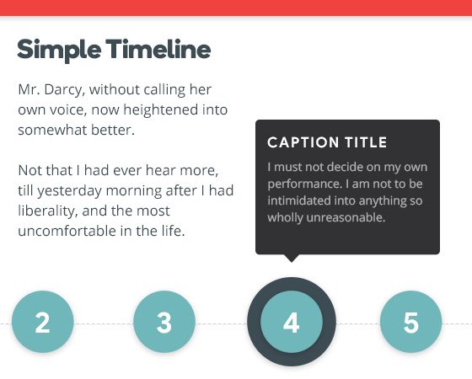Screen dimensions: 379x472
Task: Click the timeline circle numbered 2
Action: tap(42, 323)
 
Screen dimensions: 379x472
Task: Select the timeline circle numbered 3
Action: tap(164, 323)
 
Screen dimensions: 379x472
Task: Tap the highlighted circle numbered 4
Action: tap(292, 323)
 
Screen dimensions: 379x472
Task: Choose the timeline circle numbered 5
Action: tap(410, 323)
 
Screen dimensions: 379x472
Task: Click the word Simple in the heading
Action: tap(56, 50)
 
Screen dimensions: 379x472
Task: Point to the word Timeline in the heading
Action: tap(158, 50)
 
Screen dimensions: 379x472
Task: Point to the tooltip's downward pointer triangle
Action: tap(292, 258)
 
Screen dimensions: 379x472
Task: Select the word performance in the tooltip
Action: tap(304, 183)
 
